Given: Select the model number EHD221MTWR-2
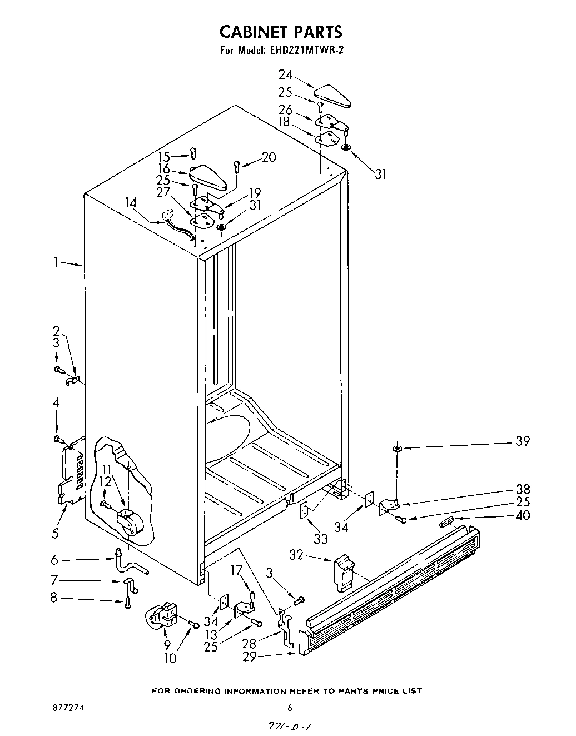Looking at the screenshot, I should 314,51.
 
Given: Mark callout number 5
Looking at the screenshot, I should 55,534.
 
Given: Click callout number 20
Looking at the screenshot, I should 269,157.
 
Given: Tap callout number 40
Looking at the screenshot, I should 523,515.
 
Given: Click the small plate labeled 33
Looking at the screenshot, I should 304,510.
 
